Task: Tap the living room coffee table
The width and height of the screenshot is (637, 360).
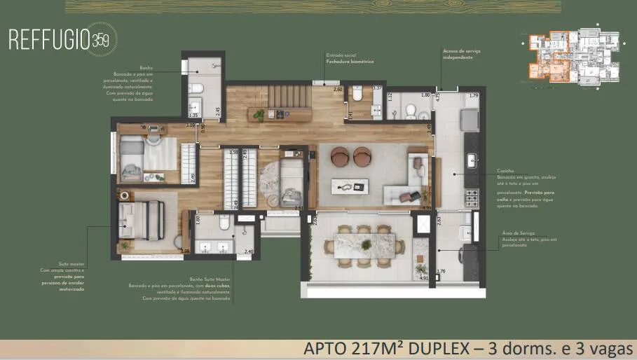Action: (x=351, y=186)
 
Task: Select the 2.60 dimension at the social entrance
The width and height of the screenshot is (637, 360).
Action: (x=337, y=90)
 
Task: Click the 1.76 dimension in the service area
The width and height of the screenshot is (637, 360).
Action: (x=441, y=272)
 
